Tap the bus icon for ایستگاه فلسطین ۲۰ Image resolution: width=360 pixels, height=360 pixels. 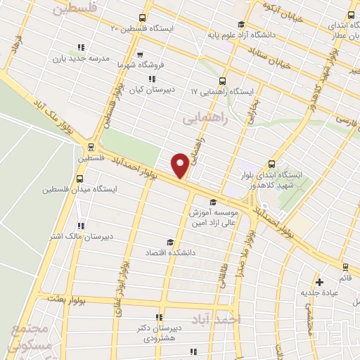(x=143, y=18)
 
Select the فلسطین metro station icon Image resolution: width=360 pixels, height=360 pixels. (x=90, y=147)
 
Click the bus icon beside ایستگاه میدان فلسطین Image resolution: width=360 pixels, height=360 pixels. (x=79, y=178)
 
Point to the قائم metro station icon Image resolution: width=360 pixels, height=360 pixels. (x=345, y=267)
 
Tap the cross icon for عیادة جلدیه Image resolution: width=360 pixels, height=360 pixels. (x=320, y=280)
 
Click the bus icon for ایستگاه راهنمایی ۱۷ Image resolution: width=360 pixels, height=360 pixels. (x=223, y=80)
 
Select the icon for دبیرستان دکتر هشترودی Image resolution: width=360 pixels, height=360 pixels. (x=159, y=317)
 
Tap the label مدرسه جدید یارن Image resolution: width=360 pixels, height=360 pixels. (x=104, y=60)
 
